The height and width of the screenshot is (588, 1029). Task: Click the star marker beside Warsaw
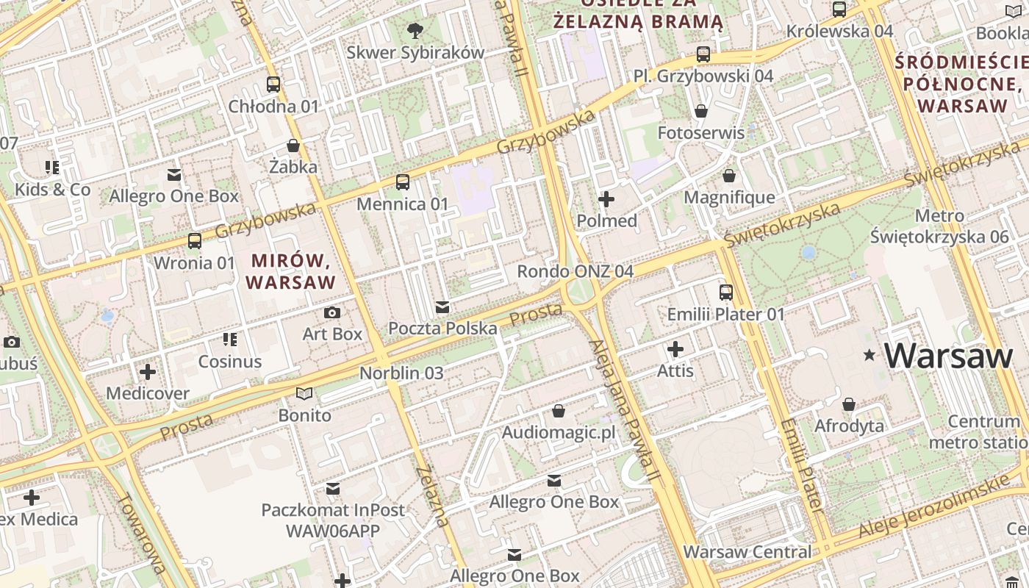click(x=870, y=356)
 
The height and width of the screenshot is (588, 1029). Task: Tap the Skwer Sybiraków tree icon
click(x=415, y=30)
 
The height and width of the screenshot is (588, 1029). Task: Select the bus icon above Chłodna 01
click(x=273, y=84)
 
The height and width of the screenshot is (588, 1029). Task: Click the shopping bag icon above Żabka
click(x=293, y=146)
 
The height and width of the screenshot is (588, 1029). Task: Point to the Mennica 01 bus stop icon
click(x=402, y=182)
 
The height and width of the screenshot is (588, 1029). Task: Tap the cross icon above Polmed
click(x=606, y=199)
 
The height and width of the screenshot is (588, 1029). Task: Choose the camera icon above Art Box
click(x=332, y=312)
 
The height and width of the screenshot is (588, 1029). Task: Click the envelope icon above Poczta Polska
click(x=442, y=306)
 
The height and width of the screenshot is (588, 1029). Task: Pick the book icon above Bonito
click(x=304, y=394)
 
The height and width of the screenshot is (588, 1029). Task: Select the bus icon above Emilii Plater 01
click(x=726, y=293)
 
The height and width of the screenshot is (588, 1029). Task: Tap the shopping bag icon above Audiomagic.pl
click(x=559, y=411)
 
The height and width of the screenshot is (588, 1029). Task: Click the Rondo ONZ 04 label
click(x=575, y=271)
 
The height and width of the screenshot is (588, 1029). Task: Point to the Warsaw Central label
click(x=747, y=551)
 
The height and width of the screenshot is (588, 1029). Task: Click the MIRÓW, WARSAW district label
click(x=291, y=270)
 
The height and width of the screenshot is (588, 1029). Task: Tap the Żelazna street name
click(x=431, y=497)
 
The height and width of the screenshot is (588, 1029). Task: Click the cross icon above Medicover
click(x=148, y=371)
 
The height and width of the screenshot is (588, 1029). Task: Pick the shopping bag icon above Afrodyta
click(x=849, y=404)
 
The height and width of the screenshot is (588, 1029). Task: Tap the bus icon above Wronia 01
click(x=195, y=240)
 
